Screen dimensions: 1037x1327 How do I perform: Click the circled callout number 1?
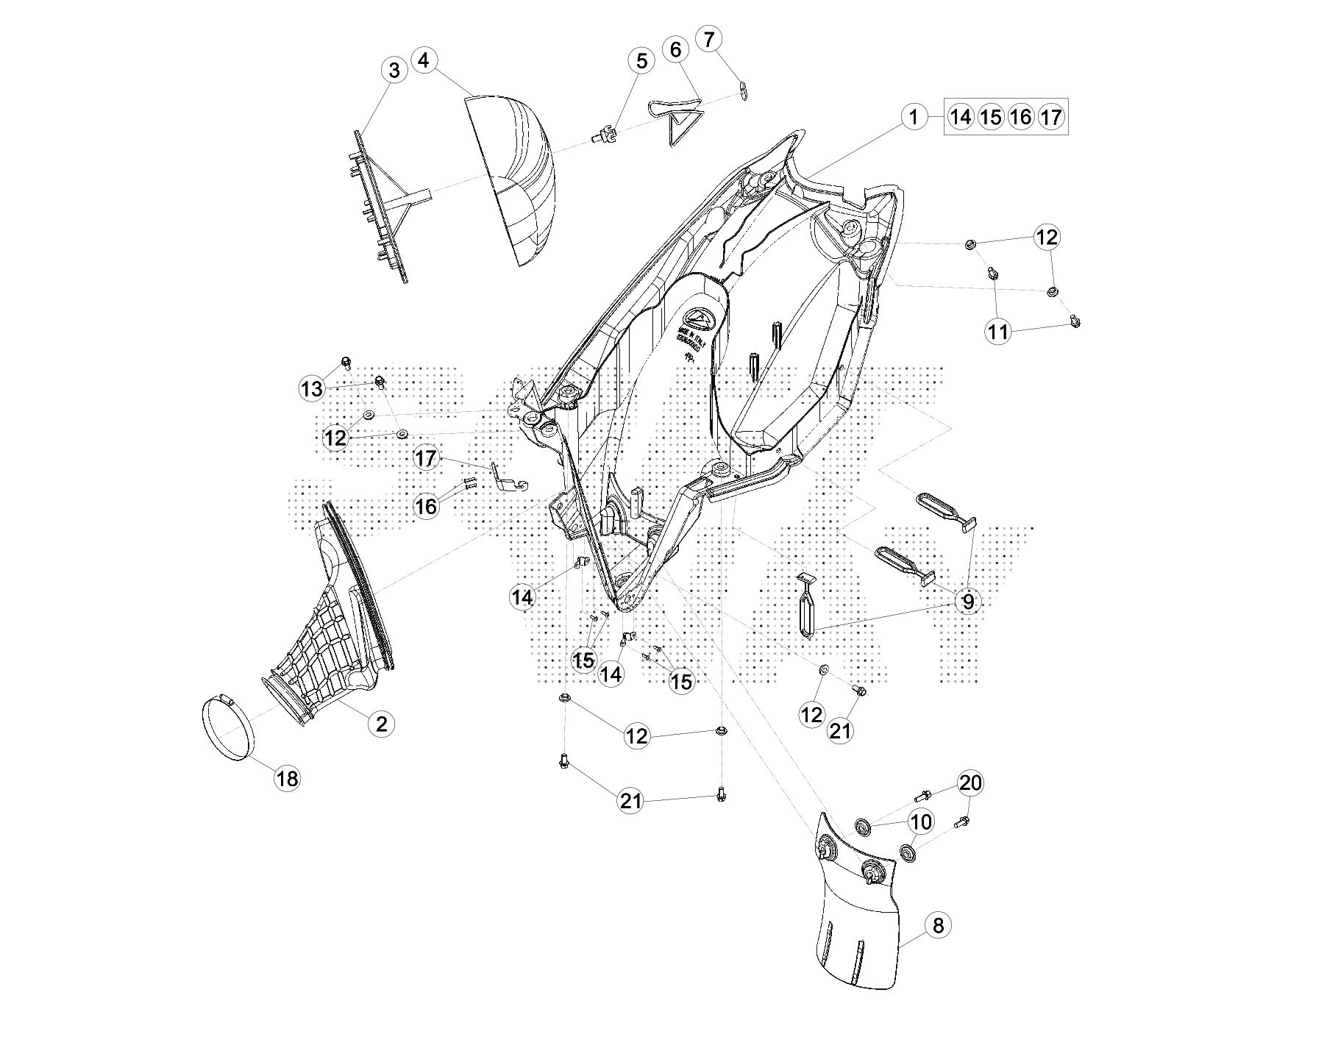(914, 117)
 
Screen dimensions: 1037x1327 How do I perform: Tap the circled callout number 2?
(381, 724)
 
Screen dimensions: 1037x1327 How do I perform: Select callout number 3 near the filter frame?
(395, 71)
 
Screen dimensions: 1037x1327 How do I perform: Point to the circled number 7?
(708, 39)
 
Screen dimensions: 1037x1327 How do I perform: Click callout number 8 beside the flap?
(938, 925)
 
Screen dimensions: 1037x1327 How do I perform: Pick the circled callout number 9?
(968, 601)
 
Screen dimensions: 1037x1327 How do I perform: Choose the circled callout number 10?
(921, 821)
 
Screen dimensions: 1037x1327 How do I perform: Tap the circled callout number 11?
(998, 332)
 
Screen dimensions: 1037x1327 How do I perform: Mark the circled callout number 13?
(312, 388)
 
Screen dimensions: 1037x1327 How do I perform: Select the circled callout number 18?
(287, 778)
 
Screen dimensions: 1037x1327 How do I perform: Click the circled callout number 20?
(970, 783)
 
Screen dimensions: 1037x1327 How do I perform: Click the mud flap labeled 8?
(857, 919)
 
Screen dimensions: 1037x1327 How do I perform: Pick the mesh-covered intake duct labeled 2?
(324, 632)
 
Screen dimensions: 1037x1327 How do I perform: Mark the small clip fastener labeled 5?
(602, 135)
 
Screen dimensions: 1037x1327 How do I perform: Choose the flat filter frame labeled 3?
(383, 206)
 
